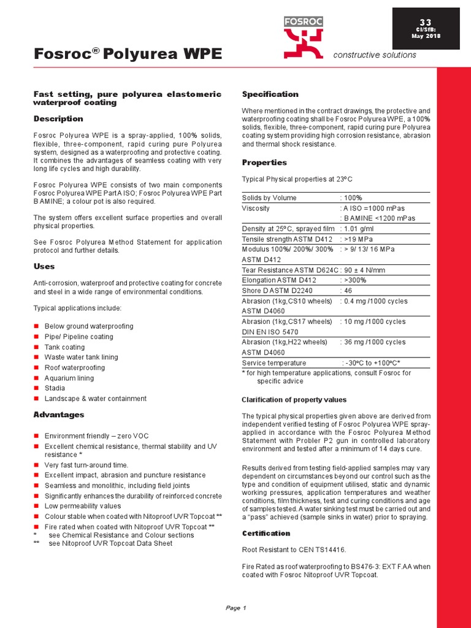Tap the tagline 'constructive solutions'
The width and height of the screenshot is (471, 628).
point(374,55)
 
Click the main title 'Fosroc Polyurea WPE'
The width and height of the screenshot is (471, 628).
point(128,54)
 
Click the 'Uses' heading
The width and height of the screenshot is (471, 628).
point(44,266)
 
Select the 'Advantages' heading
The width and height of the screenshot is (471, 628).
point(58,415)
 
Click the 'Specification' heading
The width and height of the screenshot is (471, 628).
point(270,94)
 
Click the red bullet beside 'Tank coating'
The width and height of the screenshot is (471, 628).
point(36,347)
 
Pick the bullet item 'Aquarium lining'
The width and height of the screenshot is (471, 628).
point(69,378)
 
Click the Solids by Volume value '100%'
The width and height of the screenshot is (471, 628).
point(353,198)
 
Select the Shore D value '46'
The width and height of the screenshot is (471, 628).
point(348,291)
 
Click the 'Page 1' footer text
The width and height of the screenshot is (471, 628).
point(235,608)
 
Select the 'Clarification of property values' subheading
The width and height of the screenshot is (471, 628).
point(294,400)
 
